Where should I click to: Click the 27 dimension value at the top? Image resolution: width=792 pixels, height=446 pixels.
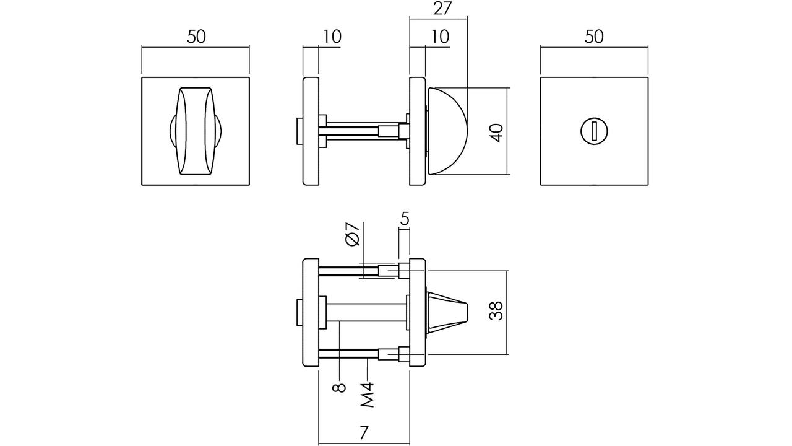click(x=442, y=9)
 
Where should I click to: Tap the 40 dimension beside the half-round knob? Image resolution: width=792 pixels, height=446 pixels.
click(x=497, y=133)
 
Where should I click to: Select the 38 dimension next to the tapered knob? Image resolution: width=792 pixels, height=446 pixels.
click(x=496, y=311)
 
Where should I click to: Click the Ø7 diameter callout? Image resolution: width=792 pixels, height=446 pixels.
click(x=352, y=234)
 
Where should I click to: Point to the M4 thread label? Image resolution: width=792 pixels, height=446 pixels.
click(x=368, y=395)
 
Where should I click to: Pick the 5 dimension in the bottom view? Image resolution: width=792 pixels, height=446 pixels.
click(x=405, y=219)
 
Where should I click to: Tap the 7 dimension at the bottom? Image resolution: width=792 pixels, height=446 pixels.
click(x=364, y=432)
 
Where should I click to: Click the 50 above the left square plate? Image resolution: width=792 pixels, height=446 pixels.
click(x=196, y=37)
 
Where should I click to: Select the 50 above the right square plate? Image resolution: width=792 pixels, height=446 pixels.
click(x=594, y=37)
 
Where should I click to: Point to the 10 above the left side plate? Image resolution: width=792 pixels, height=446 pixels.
click(x=332, y=37)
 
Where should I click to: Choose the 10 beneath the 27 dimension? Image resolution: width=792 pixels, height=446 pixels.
click(x=440, y=37)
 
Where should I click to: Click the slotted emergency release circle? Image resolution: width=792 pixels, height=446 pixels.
click(x=594, y=131)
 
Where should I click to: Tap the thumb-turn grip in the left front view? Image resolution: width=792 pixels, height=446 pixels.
click(x=196, y=131)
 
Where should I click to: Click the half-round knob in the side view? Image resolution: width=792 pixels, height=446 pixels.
click(x=447, y=131)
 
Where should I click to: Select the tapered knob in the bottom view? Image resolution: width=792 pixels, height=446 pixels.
click(x=447, y=313)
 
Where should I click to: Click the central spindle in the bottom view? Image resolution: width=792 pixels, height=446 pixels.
click(x=366, y=312)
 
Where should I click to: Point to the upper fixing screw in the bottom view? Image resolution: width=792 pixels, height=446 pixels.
click(x=364, y=271)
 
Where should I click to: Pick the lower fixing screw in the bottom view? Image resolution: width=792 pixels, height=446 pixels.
click(x=364, y=354)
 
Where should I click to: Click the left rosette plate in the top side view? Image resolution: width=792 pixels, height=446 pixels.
click(x=311, y=131)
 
